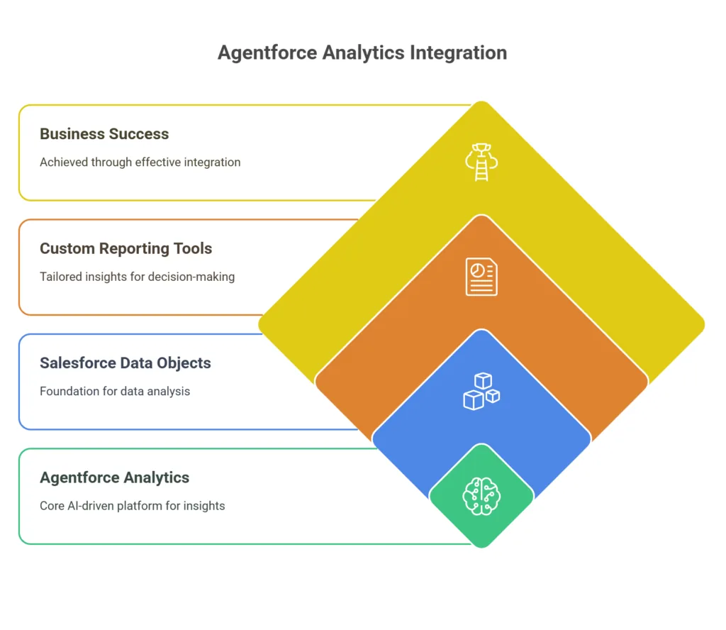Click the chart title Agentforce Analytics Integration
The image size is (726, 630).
coord(362,52)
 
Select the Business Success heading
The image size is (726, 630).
coord(104,134)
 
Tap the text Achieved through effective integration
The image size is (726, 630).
coord(140,162)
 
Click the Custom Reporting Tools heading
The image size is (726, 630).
coord(126,249)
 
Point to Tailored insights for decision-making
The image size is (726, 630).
coord(137,277)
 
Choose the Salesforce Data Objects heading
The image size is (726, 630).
coord(125,363)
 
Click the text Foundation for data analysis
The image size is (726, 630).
coord(115,392)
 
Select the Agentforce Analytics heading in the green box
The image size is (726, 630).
coord(114,477)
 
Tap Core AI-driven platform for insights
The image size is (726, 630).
coord(133,506)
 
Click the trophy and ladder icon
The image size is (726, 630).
coord(481,162)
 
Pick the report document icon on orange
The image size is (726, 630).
coord(481,277)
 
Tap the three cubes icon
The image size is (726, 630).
coord(481,392)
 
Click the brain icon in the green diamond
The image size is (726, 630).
coord(481,497)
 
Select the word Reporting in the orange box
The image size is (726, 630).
coord(134,249)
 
